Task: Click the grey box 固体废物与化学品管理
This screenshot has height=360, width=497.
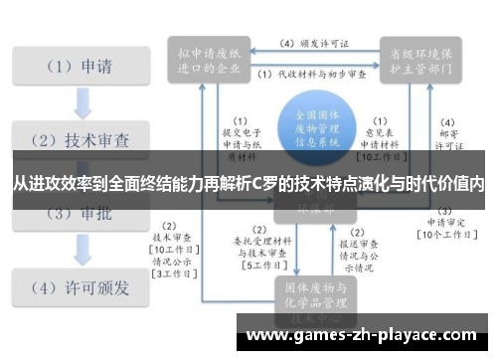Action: coord(314,295)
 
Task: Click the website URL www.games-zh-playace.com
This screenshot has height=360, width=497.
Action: coord(367,334)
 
